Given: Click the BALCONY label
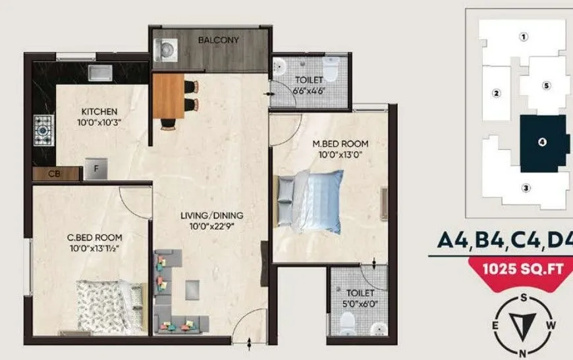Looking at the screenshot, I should pyautogui.click(x=218, y=40).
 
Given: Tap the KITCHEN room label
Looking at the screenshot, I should pyautogui.click(x=99, y=111).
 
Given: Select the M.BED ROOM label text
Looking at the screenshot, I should pyautogui.click(x=339, y=143).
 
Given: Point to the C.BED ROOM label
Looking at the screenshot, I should pyautogui.click(x=95, y=237).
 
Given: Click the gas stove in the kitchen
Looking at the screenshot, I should pyautogui.click(x=43, y=130).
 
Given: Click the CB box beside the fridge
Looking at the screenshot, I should pyautogui.click(x=54, y=174).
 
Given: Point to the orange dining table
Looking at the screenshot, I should pyautogui.click(x=169, y=96).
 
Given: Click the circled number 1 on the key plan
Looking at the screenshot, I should pyautogui.click(x=524, y=38).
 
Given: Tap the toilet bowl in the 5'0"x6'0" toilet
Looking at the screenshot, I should pyautogui.click(x=347, y=322).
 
